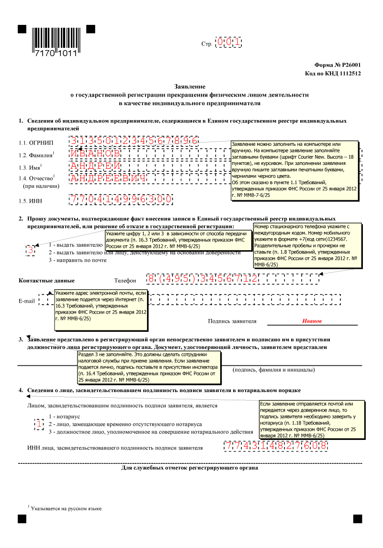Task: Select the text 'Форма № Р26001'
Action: point(337,65)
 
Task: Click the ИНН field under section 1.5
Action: point(121,199)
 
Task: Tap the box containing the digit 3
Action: point(30,250)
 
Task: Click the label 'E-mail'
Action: point(26,301)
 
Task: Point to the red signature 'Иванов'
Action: point(312,321)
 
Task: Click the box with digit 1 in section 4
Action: point(39,424)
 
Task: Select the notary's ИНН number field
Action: point(276,446)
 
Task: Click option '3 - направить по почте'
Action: point(77,260)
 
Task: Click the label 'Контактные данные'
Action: point(46,280)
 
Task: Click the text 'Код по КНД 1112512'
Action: point(332,73)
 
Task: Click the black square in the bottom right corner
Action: point(358,519)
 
